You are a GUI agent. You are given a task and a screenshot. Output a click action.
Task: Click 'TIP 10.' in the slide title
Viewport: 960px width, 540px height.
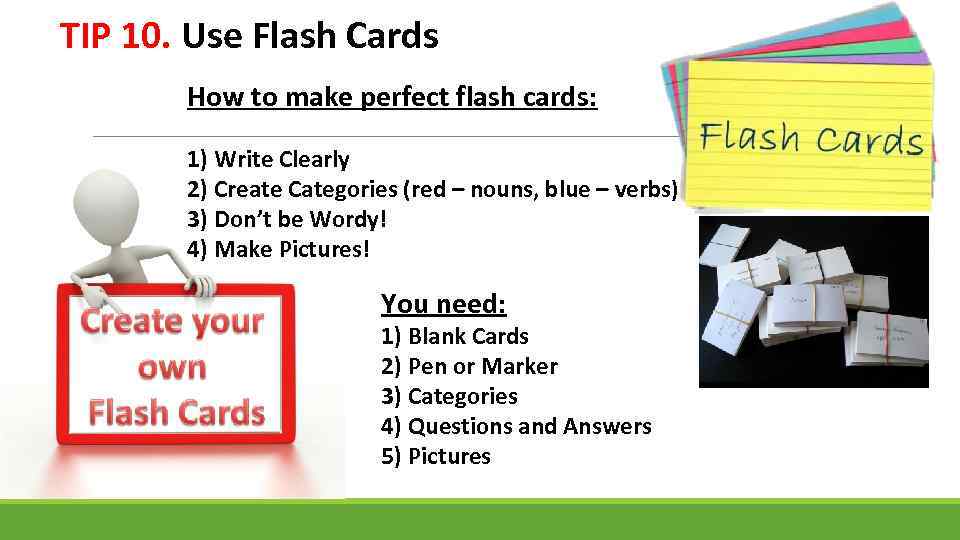[x=116, y=37]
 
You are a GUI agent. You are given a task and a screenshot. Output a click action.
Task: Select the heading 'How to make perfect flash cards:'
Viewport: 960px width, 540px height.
[x=392, y=98]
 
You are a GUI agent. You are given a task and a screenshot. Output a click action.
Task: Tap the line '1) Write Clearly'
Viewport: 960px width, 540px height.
[x=268, y=159]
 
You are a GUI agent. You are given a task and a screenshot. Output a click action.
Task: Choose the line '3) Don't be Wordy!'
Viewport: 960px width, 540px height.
[x=286, y=219]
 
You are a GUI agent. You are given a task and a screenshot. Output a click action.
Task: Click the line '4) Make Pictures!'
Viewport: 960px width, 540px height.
[x=278, y=249]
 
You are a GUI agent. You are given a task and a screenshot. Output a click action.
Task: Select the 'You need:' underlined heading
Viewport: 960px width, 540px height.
[x=443, y=303]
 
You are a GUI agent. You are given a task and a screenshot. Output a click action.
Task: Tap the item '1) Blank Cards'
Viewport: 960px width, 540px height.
[x=454, y=336]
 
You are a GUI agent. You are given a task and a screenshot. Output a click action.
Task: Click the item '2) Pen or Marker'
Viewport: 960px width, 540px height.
[x=469, y=366]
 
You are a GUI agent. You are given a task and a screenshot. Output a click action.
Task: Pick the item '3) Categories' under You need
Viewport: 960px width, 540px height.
[x=449, y=396]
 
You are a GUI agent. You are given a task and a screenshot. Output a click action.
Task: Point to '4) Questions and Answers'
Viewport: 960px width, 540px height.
[x=516, y=426]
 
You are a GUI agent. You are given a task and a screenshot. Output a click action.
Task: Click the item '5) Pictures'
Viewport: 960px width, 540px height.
[x=435, y=456]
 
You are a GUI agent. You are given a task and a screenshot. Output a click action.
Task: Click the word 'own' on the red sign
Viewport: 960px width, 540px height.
[x=171, y=367]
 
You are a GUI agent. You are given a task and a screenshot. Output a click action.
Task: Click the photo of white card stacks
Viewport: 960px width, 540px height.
[x=813, y=301]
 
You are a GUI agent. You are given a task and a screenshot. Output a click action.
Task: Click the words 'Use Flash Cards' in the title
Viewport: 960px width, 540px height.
[x=310, y=37]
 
